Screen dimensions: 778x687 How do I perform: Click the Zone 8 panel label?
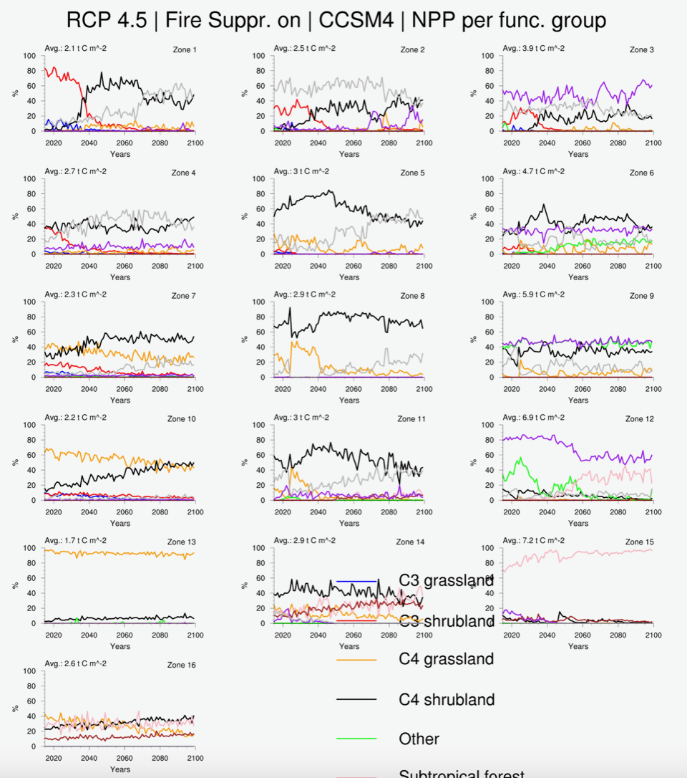413,296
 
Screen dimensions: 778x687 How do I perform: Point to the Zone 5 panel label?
413,173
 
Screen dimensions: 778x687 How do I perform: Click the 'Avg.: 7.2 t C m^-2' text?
533,541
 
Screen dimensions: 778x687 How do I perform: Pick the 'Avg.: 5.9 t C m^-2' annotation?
533,295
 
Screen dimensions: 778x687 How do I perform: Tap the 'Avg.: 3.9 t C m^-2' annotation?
533,49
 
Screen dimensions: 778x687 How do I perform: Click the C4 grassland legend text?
446,659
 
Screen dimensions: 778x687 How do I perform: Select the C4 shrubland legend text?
447,699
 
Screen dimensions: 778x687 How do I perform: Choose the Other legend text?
419,739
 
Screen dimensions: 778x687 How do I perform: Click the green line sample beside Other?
356,739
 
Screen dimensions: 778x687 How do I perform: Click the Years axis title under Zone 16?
120,769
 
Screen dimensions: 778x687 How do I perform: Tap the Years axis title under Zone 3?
578,154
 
